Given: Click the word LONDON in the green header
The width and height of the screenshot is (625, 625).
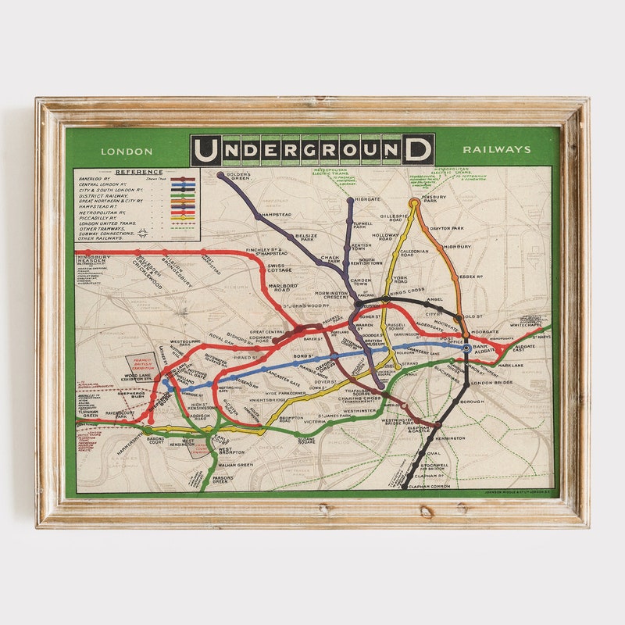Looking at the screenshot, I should tap(127, 151).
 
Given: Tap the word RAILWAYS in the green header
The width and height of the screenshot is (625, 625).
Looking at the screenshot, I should tap(496, 149).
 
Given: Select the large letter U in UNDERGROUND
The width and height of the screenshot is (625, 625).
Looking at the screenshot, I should tap(206, 149).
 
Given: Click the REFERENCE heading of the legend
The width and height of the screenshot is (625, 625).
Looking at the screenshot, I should tap(139, 172).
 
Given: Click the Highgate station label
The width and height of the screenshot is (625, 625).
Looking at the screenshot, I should tap(367, 199).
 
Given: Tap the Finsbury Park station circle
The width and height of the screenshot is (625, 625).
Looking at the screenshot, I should tap(414, 203).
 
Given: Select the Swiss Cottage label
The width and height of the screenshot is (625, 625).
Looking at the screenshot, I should tap(280, 268).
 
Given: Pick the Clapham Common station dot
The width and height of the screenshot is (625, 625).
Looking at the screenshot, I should tap(405, 486).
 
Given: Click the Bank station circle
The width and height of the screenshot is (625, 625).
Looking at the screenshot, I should tap(466, 348).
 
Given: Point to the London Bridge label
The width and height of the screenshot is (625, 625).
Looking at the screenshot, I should tap(490, 383).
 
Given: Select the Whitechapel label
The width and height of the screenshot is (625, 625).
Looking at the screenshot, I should tap(525, 324).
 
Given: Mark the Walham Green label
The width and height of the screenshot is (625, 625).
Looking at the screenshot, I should tap(234, 465).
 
